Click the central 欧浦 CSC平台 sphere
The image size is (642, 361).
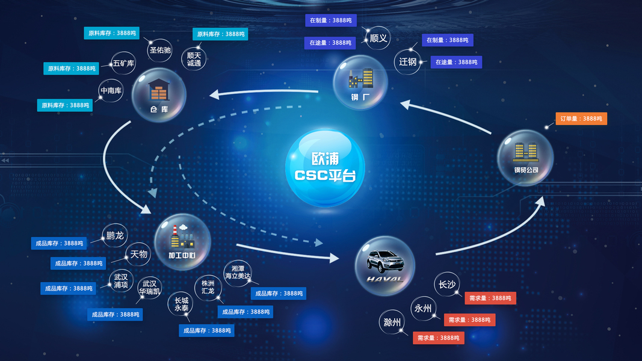325,168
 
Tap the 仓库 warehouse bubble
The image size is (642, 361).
159,95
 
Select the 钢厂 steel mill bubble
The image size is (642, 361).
360,82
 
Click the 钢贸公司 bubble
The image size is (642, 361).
525,158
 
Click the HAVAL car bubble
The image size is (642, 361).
384,265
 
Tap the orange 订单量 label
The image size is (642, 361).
581,119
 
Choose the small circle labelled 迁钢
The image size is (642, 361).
407,62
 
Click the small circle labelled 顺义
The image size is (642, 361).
378,39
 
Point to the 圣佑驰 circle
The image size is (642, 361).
160,50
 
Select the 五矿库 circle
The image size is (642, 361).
123,63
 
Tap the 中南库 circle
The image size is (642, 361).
111,91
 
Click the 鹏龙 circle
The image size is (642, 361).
114,235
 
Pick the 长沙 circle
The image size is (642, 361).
446,285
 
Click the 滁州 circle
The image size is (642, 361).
392,322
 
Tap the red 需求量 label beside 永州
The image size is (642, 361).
469,320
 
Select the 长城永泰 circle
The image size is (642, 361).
181,303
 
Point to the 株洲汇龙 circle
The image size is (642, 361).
208,287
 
